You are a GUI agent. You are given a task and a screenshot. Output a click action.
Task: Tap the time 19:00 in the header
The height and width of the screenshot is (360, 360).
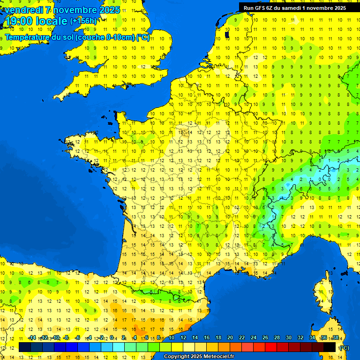click(x=20, y=21)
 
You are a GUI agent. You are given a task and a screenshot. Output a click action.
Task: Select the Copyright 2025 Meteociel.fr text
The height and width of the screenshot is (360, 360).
click(x=199, y=357)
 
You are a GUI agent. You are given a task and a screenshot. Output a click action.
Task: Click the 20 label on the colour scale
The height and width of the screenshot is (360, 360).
click(x=230, y=337)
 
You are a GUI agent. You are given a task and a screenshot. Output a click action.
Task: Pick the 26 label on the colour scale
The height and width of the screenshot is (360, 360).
click(x=265, y=337)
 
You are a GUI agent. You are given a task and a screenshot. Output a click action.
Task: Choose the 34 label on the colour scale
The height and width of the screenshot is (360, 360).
click(x=312, y=337)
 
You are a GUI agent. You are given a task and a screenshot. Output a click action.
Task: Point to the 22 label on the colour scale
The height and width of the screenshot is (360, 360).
click(x=242, y=337)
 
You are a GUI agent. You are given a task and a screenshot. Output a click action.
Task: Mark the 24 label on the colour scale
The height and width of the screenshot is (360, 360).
click(x=254, y=337)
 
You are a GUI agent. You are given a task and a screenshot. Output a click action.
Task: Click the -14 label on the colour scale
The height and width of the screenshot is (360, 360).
click(x=31, y=337)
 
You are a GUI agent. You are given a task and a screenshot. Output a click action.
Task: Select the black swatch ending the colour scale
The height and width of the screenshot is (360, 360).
click(x=330, y=347)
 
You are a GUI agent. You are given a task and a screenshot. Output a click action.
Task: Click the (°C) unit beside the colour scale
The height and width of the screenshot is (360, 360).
click(x=344, y=347)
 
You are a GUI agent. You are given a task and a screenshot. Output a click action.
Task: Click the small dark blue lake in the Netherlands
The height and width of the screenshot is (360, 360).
click(x=227, y=34)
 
